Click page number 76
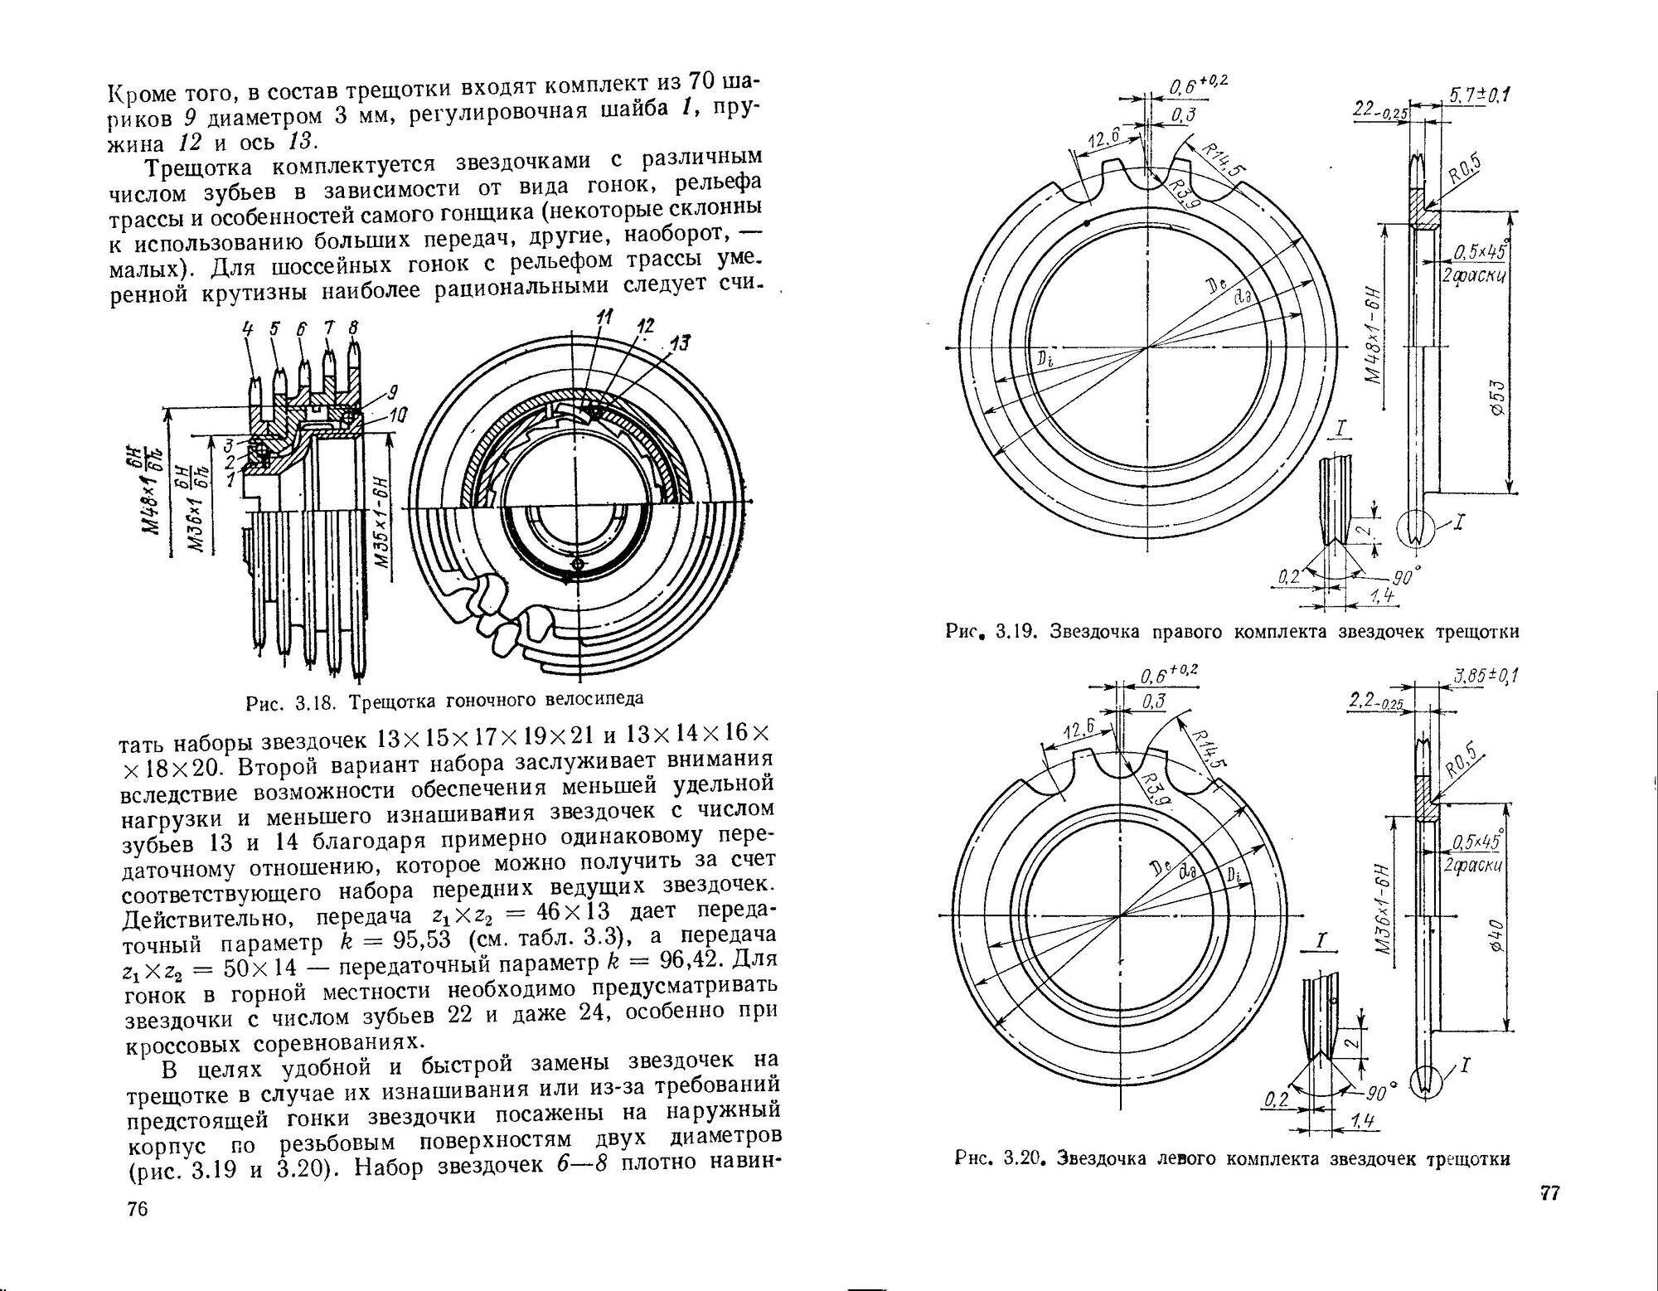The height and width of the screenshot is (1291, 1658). point(138,1209)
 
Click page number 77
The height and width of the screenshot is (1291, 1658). point(1549,1194)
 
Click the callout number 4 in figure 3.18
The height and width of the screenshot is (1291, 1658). point(248,328)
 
